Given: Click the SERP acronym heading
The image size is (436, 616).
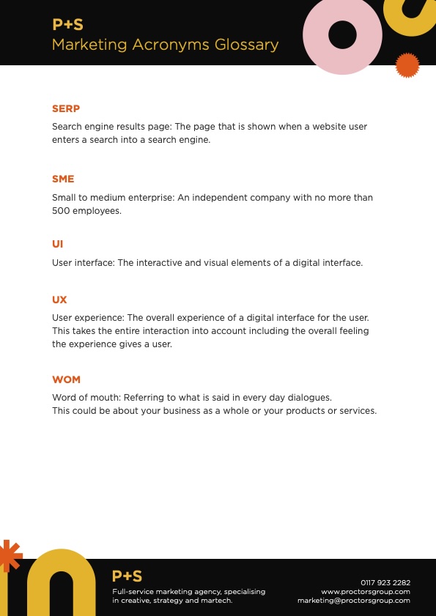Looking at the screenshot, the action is [66, 108].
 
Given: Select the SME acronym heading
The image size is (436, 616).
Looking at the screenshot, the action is [63, 179].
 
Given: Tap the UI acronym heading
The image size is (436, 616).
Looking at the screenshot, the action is [58, 244].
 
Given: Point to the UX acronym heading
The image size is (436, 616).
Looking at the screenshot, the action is [59, 300].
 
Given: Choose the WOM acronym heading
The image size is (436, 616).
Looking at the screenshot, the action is [66, 379].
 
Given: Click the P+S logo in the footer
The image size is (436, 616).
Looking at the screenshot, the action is [127, 576].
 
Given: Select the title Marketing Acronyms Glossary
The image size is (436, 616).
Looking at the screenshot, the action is [165, 45].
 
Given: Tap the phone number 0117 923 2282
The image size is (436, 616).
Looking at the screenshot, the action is [385, 582].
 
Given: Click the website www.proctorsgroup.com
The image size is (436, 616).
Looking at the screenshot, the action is [366, 591].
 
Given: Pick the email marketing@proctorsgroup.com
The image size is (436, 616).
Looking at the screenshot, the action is [354, 601].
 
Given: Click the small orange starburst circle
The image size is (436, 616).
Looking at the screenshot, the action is [407, 66].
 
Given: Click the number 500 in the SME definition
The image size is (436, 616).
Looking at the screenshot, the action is [61, 210].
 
